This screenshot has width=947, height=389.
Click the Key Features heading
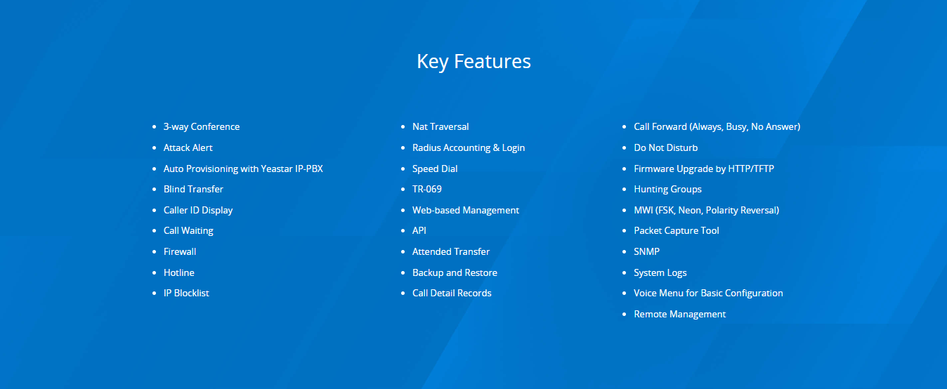point(473,62)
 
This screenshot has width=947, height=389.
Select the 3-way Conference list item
point(201,126)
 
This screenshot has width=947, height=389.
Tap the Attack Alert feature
point(188,148)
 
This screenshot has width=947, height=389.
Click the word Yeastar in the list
point(277,169)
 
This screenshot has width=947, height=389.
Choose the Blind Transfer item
point(193,189)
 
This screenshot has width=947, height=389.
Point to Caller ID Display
point(198,211)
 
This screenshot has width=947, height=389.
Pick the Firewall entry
point(180,252)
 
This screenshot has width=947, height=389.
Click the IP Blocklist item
point(186,293)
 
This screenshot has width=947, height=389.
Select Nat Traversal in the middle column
point(440,126)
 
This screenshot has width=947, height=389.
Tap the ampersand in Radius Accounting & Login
point(496,148)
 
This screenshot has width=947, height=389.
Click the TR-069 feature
point(427,189)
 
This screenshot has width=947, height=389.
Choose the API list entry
point(419,230)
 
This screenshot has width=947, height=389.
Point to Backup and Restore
point(455,273)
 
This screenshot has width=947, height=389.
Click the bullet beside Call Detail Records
point(403,293)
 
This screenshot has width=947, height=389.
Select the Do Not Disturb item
point(665,148)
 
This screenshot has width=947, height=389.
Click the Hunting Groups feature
point(667,189)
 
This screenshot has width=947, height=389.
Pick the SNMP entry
point(646,252)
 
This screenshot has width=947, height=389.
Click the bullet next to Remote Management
point(624,315)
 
